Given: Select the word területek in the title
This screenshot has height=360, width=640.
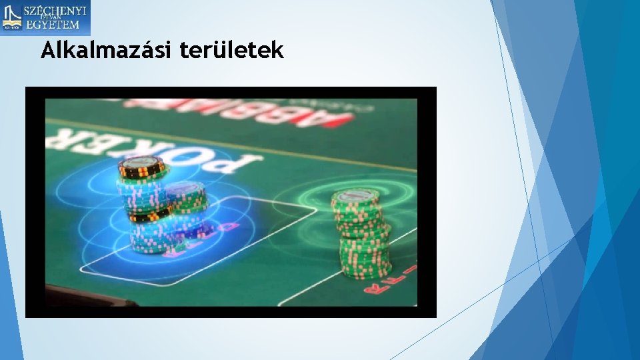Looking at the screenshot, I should coord(231,49).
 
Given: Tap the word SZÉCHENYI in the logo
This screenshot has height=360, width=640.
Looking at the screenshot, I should coord(55,11).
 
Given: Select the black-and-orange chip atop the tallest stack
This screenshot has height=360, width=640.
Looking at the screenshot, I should coord(141,167).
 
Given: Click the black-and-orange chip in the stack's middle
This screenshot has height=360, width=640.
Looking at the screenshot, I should coord(149,214).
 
